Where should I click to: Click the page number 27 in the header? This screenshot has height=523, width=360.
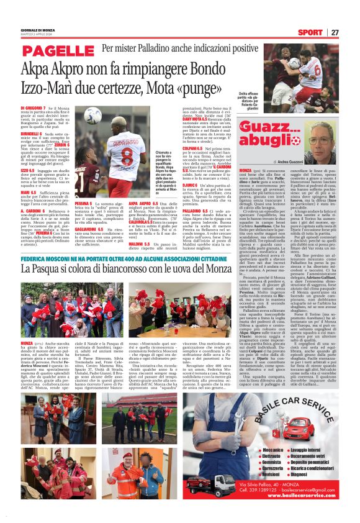coord(335,32)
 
